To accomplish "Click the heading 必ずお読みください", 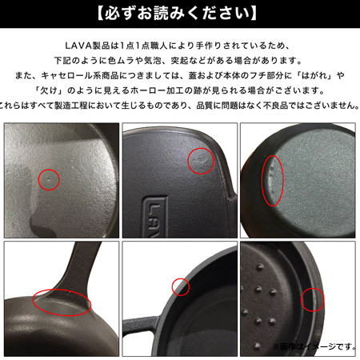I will tap(181, 14).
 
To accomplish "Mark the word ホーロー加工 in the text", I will tap(185, 90).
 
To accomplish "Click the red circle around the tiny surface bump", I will tap(49, 179).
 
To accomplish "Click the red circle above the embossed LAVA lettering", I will tap(200, 161).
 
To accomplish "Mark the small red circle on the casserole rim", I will tap(181, 286).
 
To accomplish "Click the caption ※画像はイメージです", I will tap(314, 347).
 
